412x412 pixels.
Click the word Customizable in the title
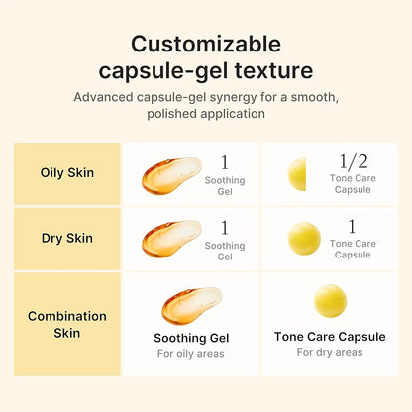pyautogui.click(x=206, y=44)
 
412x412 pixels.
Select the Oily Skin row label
pyautogui.click(x=67, y=172)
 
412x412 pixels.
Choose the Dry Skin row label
pyautogui.click(x=67, y=238)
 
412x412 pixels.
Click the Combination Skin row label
pyautogui.click(x=67, y=324)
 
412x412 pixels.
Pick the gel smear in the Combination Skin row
pyautogui.click(x=191, y=305)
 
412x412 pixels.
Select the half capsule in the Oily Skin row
pyautogui.click(x=297, y=174)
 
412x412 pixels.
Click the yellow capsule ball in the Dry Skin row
pyautogui.click(x=303, y=239)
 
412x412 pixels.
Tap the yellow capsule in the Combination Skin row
pyautogui.click(x=330, y=301)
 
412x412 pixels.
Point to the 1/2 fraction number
pyautogui.click(x=353, y=160)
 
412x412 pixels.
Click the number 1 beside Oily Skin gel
pyautogui.click(x=225, y=161)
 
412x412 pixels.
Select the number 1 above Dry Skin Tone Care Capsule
pyautogui.click(x=353, y=226)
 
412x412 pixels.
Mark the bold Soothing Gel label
pyautogui.click(x=192, y=337)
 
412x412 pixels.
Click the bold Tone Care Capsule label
pyautogui.click(x=330, y=337)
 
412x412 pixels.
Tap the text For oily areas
pyautogui.click(x=191, y=354)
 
